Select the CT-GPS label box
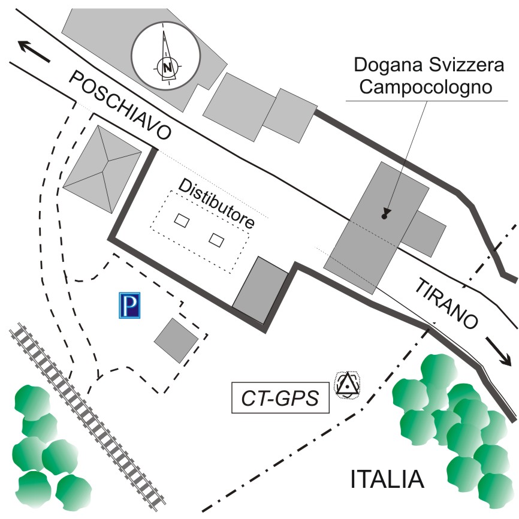coord(280,399)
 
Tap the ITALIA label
coord(387,479)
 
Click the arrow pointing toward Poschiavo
coord(34,51)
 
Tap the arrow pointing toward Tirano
coord(499,351)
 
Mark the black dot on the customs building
coord(383,216)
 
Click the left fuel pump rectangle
coord(182,221)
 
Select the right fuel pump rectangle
coord(216,240)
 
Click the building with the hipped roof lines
coord(102,170)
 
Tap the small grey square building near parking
coord(176,340)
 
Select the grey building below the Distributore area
coord(260,291)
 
